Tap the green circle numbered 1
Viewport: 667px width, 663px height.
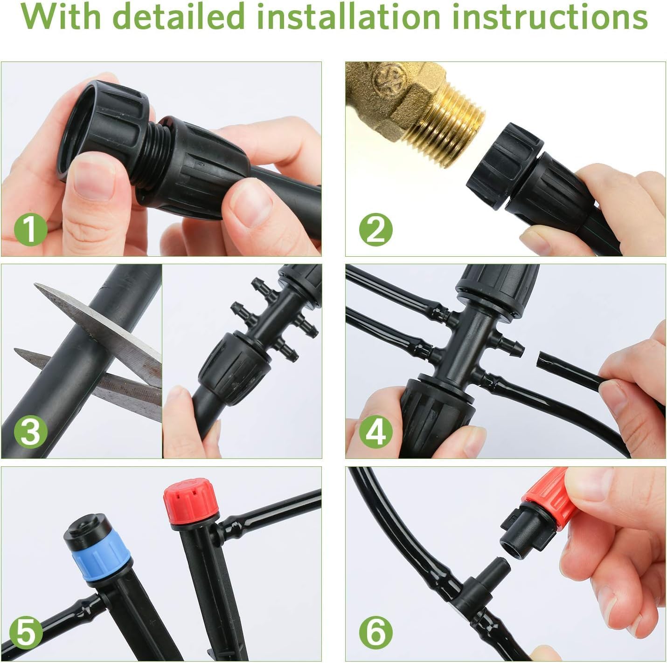tap(30, 229)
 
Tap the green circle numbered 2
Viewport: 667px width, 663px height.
tap(376, 229)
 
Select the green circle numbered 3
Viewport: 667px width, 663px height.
tap(30, 431)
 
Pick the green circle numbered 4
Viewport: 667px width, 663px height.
tap(376, 431)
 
